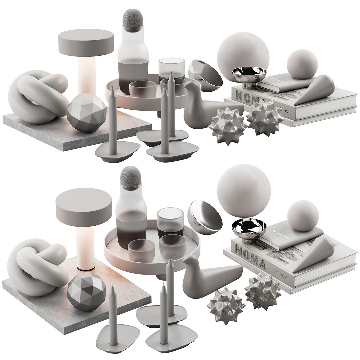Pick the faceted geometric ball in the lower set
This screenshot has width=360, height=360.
coord(87,293)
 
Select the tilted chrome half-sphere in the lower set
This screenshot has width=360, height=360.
coord(205,217)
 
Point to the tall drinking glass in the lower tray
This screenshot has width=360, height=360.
coord(170,220)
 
